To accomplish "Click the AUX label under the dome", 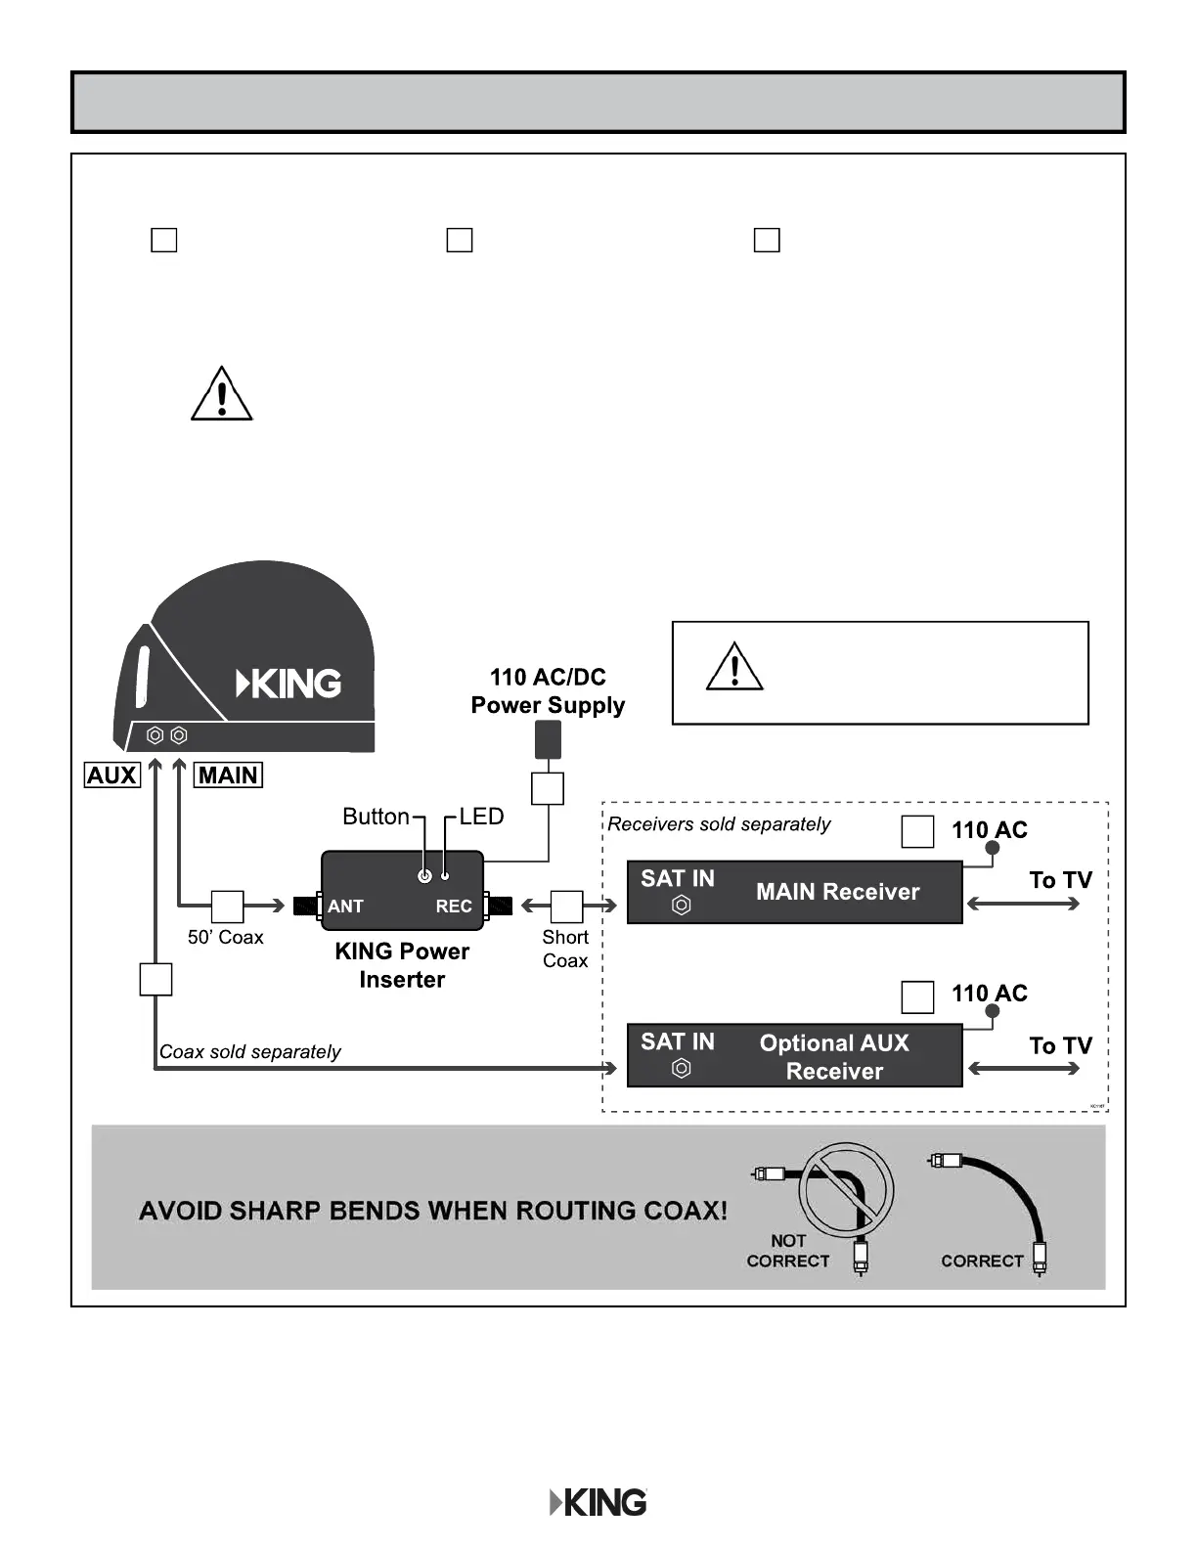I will pyautogui.click(x=112, y=775).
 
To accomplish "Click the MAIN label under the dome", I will pyautogui.click(x=228, y=775).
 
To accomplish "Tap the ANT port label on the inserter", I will pyautogui.click(x=345, y=907).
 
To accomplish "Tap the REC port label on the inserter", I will pyautogui.click(x=454, y=907).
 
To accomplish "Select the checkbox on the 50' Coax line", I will pyautogui.click(x=228, y=907).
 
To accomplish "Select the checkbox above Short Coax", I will pyautogui.click(x=567, y=907).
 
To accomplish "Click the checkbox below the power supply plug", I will pyautogui.click(x=548, y=788).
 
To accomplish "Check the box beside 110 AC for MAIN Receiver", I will pyautogui.click(x=917, y=831).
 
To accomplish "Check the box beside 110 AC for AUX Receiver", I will pyautogui.click(x=917, y=996).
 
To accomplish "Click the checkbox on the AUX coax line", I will pyautogui.click(x=156, y=979).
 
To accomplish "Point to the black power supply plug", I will pyautogui.click(x=548, y=740).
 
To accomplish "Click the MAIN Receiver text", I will pyautogui.click(x=837, y=892).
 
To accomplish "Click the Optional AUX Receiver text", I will pyautogui.click(x=834, y=1057).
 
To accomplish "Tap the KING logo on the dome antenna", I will pyautogui.click(x=289, y=684).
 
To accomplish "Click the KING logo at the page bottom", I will pyautogui.click(x=598, y=1502).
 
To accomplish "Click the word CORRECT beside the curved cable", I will pyautogui.click(x=982, y=1261).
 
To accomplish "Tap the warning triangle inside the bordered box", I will pyautogui.click(x=734, y=667).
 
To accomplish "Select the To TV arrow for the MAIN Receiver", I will pyautogui.click(x=1023, y=904).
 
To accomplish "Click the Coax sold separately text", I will pyautogui.click(x=250, y=1052).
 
